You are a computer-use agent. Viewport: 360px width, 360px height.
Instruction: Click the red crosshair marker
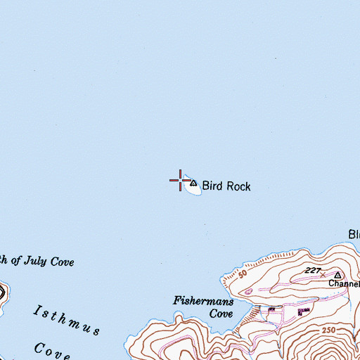pyautogui.click(x=180, y=180)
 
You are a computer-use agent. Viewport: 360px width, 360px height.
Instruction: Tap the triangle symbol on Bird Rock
pyautogui.click(x=193, y=183)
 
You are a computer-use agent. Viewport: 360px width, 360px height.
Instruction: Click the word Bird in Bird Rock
pyautogui.click(x=212, y=187)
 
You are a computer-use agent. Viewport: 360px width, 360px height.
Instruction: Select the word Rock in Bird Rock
pyautogui.click(x=237, y=187)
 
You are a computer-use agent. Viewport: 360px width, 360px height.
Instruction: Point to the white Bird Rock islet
pyautogui.click(x=191, y=188)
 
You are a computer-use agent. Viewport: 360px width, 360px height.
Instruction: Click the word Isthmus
pyautogui.click(x=67, y=319)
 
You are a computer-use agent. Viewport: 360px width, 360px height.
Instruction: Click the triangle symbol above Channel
pyautogui.click(x=337, y=275)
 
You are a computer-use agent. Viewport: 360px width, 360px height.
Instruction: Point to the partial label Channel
pyautogui.click(x=345, y=285)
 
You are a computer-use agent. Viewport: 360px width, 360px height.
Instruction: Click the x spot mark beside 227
pyautogui.click(x=323, y=274)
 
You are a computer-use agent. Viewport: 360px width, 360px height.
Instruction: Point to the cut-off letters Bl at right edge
pyautogui.click(x=354, y=234)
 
